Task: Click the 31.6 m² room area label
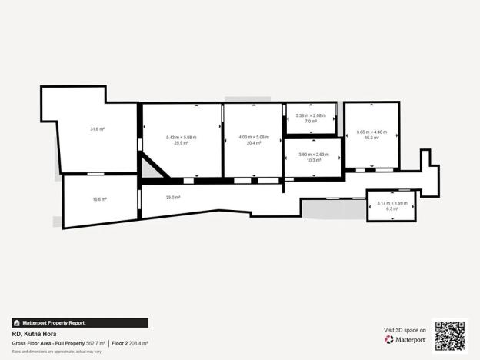click(97, 129)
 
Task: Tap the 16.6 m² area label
click(99, 199)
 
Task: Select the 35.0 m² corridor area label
click(172, 198)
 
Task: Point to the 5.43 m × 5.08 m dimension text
click(182, 138)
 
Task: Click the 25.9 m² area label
click(182, 143)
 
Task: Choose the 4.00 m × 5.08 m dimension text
click(254, 138)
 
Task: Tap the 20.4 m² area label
click(254, 143)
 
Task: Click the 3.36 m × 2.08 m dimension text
click(311, 116)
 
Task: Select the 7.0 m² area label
click(311, 122)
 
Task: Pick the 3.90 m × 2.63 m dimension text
click(313, 155)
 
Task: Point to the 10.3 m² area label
click(313, 160)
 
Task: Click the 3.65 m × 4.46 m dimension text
click(372, 132)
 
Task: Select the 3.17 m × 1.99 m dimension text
click(392, 203)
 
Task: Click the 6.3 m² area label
click(392, 208)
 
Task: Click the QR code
click(450, 335)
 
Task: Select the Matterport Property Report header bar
click(80, 323)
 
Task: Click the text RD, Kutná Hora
click(34, 335)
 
